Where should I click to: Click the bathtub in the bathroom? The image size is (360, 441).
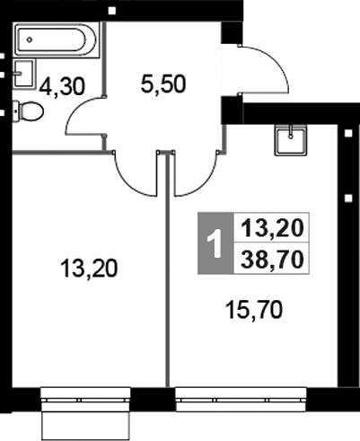tap(54, 40)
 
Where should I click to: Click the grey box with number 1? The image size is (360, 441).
tap(214, 244)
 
